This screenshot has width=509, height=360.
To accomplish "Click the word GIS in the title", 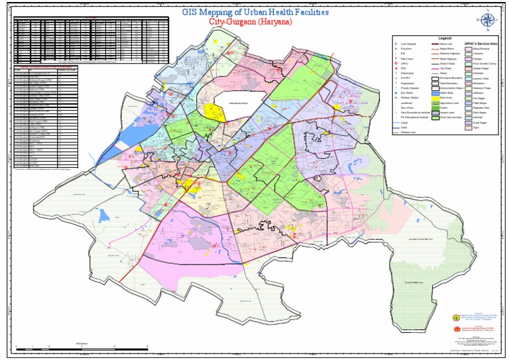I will pyautogui.click(x=192, y=13).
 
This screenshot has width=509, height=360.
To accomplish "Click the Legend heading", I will pyautogui.click(x=443, y=38).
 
